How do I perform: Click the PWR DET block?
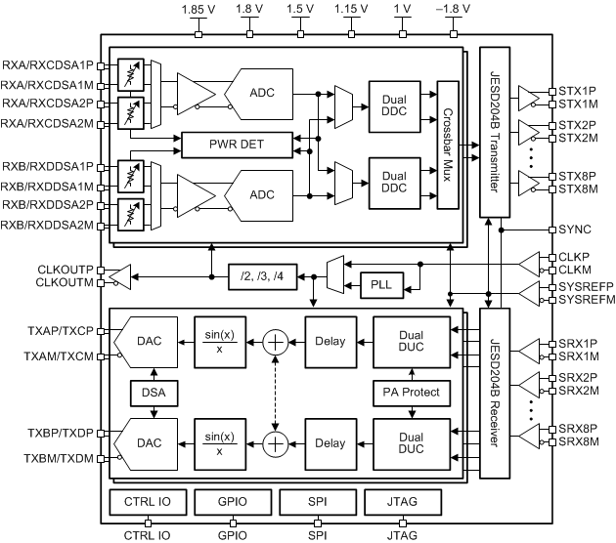[238, 146]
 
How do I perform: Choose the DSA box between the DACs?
[152, 394]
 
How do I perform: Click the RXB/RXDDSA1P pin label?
[49, 166]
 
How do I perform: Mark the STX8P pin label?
[577, 176]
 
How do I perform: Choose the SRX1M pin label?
[577, 356]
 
